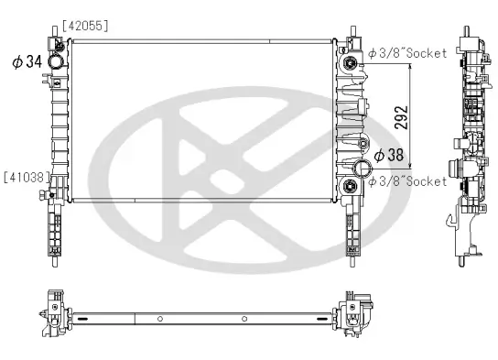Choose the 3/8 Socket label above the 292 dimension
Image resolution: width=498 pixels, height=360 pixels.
[408, 53]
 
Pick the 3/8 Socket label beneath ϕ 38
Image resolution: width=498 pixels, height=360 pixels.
[408, 181]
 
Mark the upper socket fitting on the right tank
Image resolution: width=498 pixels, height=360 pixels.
[350, 64]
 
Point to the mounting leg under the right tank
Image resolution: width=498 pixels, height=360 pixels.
[352, 234]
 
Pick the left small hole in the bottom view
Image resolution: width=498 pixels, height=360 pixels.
[160, 319]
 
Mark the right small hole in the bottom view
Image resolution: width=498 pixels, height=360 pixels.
[244, 319]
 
